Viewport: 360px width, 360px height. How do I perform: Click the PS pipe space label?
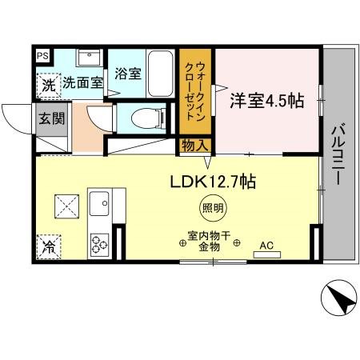click(42, 56)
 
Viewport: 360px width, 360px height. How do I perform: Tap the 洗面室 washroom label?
click(82, 82)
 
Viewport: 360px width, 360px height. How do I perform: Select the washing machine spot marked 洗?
click(49, 86)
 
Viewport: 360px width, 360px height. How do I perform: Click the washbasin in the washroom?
click(89, 58)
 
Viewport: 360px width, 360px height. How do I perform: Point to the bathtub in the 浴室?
click(160, 74)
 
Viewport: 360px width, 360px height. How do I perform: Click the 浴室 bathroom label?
click(128, 74)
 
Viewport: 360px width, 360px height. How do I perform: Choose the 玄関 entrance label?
click(52, 118)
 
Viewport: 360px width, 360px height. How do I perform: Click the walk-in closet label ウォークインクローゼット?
click(195, 91)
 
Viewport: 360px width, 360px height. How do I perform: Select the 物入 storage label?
click(195, 146)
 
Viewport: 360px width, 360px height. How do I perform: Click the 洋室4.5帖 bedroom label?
click(267, 101)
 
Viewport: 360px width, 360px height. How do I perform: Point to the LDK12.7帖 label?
click(213, 182)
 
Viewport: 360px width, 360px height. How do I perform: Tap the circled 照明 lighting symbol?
click(213, 208)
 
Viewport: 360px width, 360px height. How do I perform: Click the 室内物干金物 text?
click(210, 242)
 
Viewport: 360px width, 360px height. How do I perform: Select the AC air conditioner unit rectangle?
click(267, 254)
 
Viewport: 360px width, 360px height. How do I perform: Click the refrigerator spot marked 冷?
click(49, 247)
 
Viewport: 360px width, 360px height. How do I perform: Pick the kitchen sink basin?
click(99, 203)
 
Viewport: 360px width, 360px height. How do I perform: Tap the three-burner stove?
click(99, 244)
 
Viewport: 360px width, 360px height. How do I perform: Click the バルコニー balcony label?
click(338, 154)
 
